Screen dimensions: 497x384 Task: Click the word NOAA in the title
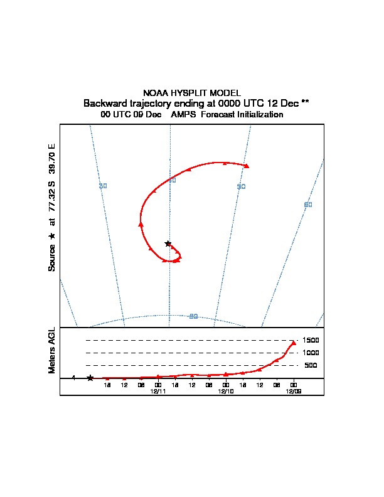coord(156,93)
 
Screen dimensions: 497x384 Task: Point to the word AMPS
coord(184,115)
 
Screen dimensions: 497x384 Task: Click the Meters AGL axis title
coord(52,351)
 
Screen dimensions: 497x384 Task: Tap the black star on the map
coord(168,243)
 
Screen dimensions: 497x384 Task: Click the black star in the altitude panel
coord(90,378)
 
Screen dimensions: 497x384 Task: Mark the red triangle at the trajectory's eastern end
coord(247,166)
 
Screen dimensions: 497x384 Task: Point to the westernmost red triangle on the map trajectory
coord(141,223)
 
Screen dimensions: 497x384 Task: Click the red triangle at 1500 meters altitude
coord(293,343)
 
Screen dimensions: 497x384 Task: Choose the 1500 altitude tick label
coord(311,340)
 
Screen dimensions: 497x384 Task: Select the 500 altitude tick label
coord(311,365)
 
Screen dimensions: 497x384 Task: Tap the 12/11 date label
coord(158,391)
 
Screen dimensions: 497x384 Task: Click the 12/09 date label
coord(293,391)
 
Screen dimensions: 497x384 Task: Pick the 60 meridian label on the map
coord(307,205)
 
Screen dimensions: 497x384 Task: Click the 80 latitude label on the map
coord(193,316)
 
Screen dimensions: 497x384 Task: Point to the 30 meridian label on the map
coord(103,186)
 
